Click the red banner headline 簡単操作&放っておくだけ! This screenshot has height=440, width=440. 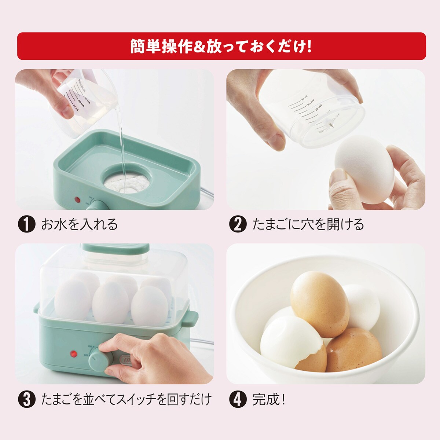[221, 46]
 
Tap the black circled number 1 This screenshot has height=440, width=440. [27, 224]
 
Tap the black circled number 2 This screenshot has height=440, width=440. [238, 224]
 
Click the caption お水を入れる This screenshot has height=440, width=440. [79, 224]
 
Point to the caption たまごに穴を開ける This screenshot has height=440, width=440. [308, 224]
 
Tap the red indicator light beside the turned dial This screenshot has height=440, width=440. [74, 354]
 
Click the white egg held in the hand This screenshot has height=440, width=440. [364, 169]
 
